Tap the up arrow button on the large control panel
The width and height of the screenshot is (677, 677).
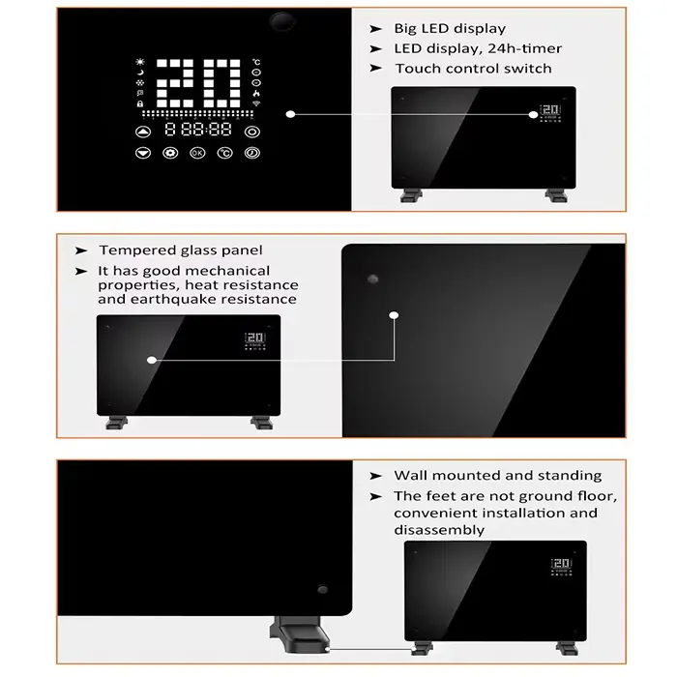(x=144, y=132)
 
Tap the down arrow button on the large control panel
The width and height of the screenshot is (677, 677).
(x=144, y=153)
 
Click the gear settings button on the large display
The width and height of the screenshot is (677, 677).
(x=171, y=153)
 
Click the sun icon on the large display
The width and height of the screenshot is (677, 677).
(x=140, y=61)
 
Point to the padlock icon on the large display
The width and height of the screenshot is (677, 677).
(x=140, y=103)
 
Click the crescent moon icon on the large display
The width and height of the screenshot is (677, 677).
(x=140, y=72)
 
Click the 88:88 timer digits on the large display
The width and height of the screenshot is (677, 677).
(x=198, y=130)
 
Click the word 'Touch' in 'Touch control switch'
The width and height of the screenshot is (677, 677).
(x=417, y=69)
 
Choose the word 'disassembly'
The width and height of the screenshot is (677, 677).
(x=438, y=530)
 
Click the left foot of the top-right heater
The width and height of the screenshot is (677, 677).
(x=411, y=196)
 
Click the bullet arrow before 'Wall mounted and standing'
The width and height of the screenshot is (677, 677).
(x=376, y=476)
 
